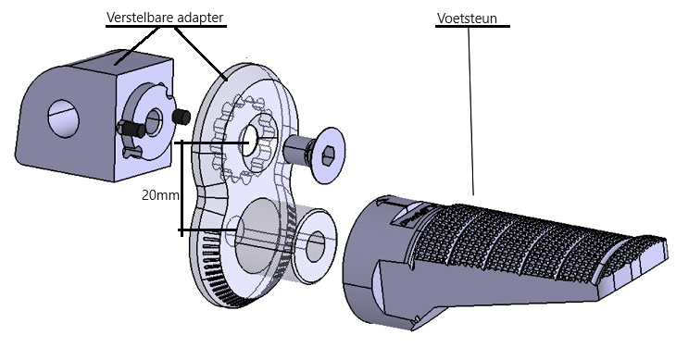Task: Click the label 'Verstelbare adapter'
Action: pyautogui.click(x=165, y=18)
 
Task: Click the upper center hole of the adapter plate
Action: pyautogui.click(x=249, y=142)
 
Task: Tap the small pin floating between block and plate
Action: pyautogui.click(x=182, y=117)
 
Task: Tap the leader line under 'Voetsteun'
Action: pyautogui.click(x=472, y=111)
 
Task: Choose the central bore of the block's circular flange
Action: pyautogui.click(x=152, y=118)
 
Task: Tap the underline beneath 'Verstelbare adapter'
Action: pyautogui.click(x=165, y=28)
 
